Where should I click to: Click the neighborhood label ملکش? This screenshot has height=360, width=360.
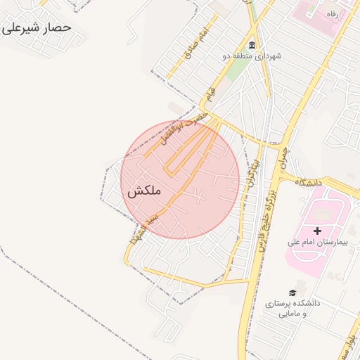pos(146,191)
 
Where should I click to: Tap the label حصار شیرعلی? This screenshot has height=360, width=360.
pos(37,27)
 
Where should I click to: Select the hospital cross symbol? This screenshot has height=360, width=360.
pos(317,231)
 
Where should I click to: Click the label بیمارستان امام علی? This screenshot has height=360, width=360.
pos(314,242)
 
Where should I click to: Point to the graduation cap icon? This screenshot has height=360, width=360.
pos(292,292)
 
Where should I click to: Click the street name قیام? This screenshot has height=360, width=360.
pos(207,94)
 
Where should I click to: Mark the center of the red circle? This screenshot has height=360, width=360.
pos(180,180)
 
